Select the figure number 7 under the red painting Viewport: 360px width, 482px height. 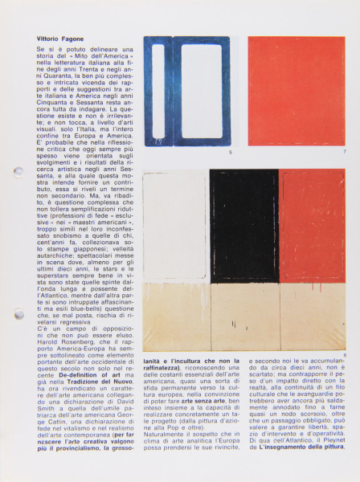point(344,152)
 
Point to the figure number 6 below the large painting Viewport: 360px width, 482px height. point(344,355)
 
